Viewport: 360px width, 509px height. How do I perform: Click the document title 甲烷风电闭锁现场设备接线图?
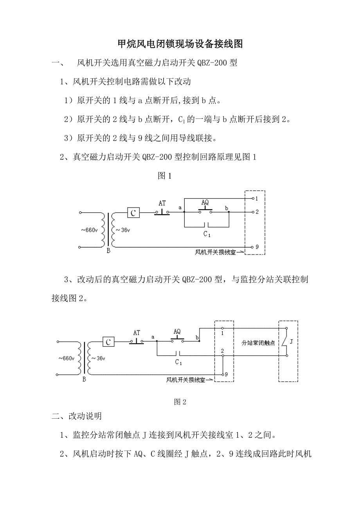[180, 44]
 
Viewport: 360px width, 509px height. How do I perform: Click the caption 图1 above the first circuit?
[164, 176]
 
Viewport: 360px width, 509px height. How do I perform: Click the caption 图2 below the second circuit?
[180, 402]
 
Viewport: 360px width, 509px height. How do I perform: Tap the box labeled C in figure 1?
[133, 213]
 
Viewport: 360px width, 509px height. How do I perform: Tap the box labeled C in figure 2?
[108, 342]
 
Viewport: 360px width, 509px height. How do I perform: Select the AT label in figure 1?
[162, 203]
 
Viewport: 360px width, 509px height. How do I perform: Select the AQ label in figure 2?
[177, 332]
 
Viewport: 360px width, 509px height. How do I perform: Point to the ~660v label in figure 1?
[89, 230]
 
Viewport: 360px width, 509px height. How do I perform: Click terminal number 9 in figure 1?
[257, 247]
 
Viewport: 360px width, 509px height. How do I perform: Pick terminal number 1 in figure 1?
[257, 199]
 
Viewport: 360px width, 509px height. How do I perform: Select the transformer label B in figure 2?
[84, 379]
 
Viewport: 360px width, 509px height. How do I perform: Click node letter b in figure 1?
[226, 208]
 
